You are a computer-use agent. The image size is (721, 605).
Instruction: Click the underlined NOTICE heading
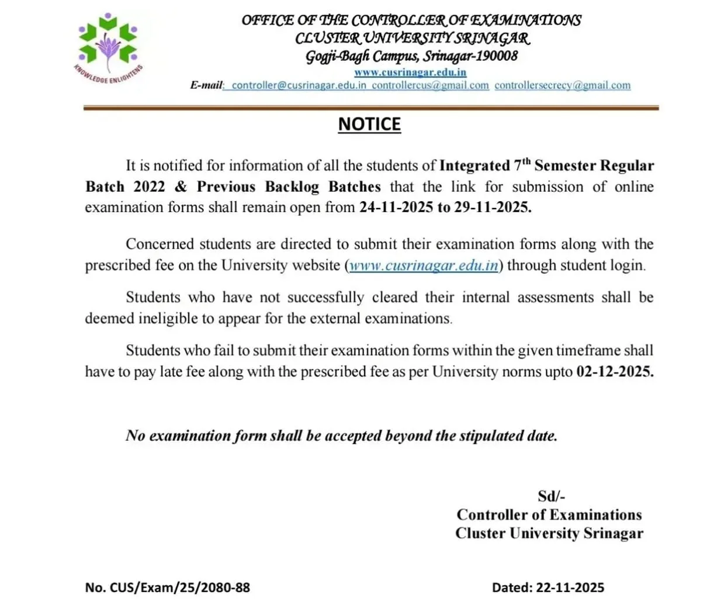pos(369,125)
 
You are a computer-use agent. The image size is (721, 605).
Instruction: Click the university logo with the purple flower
pos(108,46)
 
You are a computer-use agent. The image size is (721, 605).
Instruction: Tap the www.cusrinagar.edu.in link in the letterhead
pos(410,72)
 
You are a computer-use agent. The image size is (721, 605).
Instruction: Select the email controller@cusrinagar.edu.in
pos(299,85)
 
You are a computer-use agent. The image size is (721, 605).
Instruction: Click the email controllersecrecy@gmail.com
pos(562,85)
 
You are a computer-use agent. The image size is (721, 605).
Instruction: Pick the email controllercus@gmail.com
pos(430,85)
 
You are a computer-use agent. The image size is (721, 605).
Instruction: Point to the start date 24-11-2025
pos(396,208)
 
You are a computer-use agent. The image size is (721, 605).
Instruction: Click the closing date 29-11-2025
pos(493,208)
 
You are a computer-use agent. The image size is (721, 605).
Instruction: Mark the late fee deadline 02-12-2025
pos(615,372)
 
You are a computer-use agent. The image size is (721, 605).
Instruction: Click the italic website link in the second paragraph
pos(424,265)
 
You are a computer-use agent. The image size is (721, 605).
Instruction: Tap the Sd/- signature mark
pos(551,496)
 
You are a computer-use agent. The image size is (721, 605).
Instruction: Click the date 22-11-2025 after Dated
pos(570,587)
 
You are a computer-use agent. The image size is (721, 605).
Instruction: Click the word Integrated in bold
pos(474,166)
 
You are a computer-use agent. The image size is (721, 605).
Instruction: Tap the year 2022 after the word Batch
pos(149,187)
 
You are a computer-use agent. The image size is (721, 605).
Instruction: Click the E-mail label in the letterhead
pos(206,85)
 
